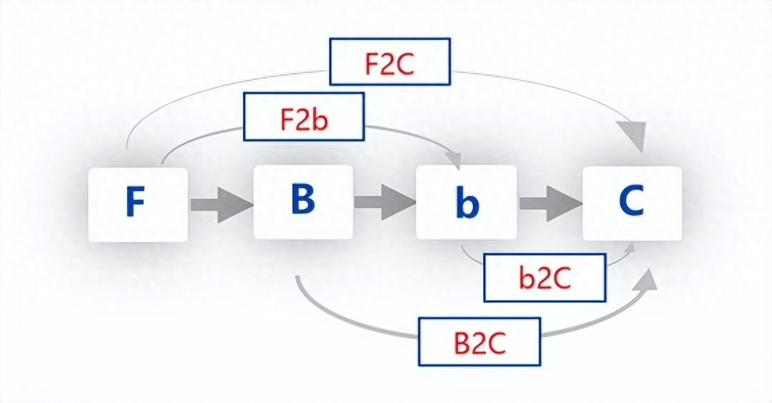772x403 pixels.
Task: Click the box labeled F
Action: [138, 204]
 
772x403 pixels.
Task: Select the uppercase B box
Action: [303, 201]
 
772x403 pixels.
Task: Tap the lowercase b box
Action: [467, 202]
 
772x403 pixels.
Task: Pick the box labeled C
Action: [632, 203]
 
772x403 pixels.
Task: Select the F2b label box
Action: [304, 118]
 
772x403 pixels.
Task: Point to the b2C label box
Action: [544, 278]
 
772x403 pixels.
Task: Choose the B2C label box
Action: [479, 341]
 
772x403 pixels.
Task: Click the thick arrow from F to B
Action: [220, 205]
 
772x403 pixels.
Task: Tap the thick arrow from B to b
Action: [385, 203]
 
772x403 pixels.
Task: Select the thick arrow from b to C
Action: [549, 203]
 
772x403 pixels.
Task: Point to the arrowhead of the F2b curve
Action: [456, 159]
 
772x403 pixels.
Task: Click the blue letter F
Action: [135, 203]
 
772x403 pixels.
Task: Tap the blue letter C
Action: [632, 202]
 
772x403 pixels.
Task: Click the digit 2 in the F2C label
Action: [389, 63]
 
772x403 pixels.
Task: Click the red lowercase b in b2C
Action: [526, 278]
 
